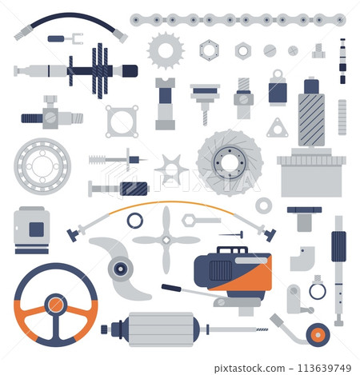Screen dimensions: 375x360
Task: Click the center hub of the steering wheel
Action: [55, 305]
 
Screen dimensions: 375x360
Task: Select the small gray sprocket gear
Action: [166, 52]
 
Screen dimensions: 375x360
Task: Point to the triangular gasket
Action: [278, 128]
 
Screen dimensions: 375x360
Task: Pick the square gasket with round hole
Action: [122, 122]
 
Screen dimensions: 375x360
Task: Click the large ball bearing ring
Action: [42, 166]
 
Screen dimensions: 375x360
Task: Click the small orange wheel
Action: [318, 335]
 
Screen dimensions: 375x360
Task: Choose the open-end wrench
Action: [199, 220]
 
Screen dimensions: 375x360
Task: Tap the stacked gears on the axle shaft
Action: [99, 70]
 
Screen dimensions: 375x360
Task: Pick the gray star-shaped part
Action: [170, 170]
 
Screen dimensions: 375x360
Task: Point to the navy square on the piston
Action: [36, 229]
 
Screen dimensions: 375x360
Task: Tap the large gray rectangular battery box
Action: [311, 176]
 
